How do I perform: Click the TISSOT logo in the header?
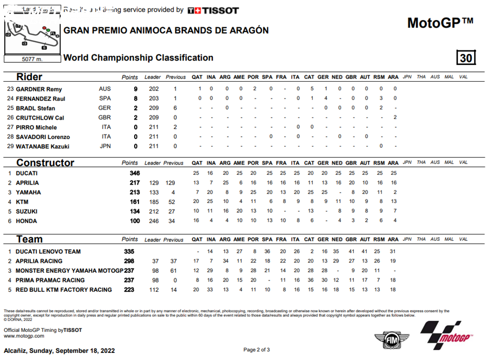click(213, 10)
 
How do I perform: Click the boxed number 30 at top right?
click(465, 58)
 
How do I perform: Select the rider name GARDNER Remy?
click(38, 89)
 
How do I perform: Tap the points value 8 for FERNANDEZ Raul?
click(135, 99)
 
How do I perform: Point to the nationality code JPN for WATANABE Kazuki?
click(105, 146)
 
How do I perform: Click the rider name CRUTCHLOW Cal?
click(40, 117)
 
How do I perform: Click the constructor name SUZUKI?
click(27, 211)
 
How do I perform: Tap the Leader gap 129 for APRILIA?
click(154, 183)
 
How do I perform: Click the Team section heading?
click(29, 239)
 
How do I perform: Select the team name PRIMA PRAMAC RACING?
click(50, 280)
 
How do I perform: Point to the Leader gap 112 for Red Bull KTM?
click(154, 290)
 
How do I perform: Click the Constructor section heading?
click(45, 163)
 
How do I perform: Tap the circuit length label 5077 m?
click(32, 58)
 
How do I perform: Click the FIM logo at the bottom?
click(386, 339)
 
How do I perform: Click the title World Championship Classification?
click(139, 58)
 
